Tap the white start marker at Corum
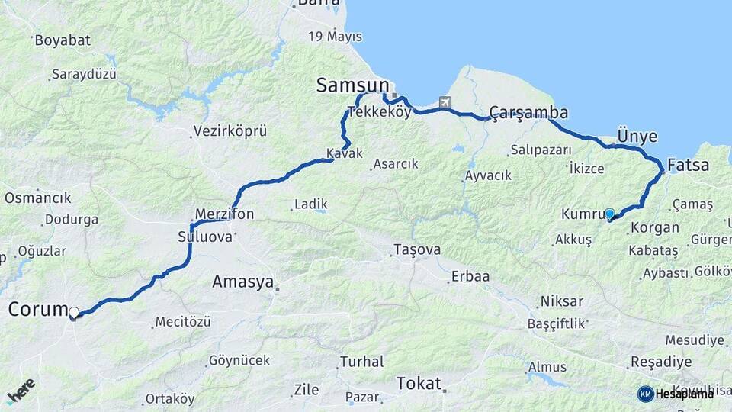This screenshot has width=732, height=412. [x=74, y=313]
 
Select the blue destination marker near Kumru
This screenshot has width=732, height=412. [x=609, y=214]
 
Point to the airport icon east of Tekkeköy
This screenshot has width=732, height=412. [x=445, y=102]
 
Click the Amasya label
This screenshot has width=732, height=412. [x=242, y=282]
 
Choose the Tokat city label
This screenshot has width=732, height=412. [x=419, y=383]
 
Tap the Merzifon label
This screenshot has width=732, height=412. [x=224, y=214]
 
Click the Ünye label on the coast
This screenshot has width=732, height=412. [x=637, y=136]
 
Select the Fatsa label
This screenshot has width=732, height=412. [x=688, y=165]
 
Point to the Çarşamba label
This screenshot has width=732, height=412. [x=529, y=113]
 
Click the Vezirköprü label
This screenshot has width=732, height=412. [x=230, y=131]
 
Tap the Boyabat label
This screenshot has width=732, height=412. [x=63, y=40]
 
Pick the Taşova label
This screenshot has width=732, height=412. [x=417, y=249]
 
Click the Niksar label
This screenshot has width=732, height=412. [x=562, y=301]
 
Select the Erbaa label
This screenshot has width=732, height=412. [x=470, y=276]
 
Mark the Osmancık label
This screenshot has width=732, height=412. [x=37, y=198]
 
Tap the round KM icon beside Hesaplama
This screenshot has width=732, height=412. [x=646, y=394]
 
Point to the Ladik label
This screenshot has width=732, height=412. [x=310, y=204]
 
